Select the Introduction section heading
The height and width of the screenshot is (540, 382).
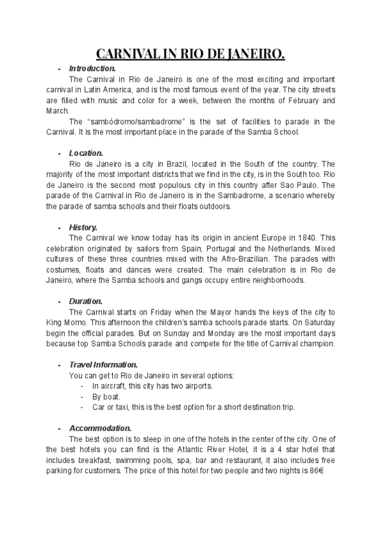(92, 68)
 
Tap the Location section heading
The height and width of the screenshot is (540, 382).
(86, 153)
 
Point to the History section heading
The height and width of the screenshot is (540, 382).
(83, 227)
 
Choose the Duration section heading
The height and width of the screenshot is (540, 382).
(85, 301)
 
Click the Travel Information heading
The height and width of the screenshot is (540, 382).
(103, 365)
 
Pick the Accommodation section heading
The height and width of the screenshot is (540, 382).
(100, 428)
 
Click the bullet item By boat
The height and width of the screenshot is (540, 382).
(107, 397)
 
